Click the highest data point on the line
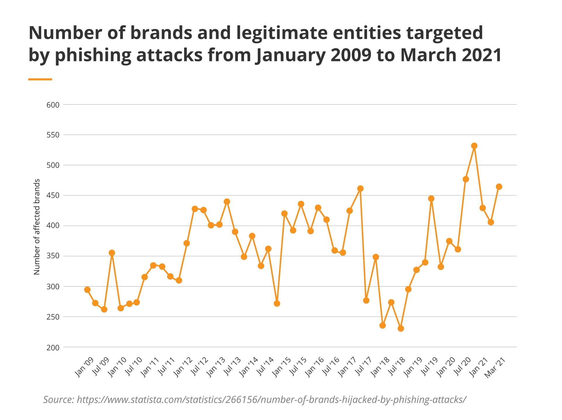[x=474, y=146]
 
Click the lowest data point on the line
[x=401, y=329]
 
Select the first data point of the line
[x=87, y=290]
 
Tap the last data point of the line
[x=499, y=187]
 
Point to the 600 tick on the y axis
[x=53, y=105]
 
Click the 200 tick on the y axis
[x=53, y=348]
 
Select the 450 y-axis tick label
[x=53, y=195]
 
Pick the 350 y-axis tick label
[x=53, y=256]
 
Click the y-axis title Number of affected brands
[x=37, y=227]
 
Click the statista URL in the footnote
[x=272, y=399]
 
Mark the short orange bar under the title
[x=40, y=79]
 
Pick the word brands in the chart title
[x=161, y=33]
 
